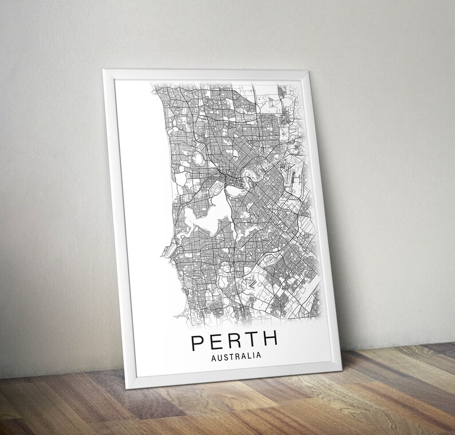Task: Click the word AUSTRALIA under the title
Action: click(236, 356)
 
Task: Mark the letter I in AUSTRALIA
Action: click(254, 356)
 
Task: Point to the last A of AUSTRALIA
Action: click(258, 355)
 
